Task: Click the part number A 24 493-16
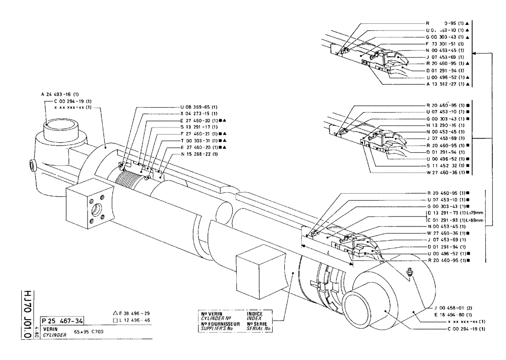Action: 60,94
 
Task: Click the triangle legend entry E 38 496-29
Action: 133,313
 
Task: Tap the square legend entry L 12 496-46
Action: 133,321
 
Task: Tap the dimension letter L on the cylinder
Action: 329,251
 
